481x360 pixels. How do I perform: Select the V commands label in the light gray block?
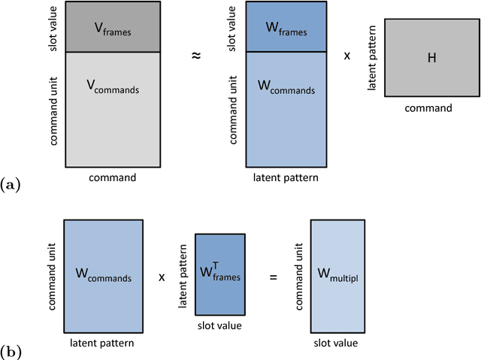tap(113, 89)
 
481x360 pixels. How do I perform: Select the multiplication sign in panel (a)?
tap(346, 56)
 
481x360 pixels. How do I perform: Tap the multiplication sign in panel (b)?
tap(162, 277)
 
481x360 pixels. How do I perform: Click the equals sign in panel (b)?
tap(273, 277)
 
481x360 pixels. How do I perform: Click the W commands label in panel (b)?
tap(104, 277)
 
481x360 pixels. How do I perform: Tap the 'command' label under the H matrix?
tap(428, 108)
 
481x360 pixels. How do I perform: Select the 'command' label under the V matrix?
tap(113, 178)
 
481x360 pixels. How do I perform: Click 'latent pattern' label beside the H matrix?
tap(371, 58)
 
